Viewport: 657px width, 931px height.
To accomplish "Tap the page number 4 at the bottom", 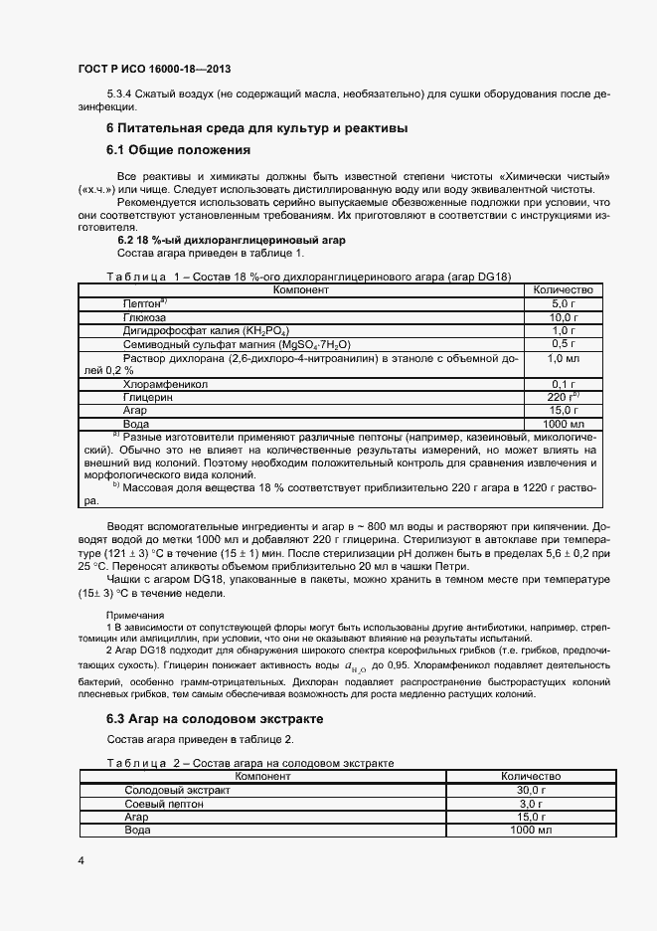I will pos(81,858).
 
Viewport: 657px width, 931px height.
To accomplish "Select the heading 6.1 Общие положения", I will pos(177,150).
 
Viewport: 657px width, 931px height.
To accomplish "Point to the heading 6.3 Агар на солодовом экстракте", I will pos(215,718).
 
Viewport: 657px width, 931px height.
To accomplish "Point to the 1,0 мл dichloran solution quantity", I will pos(563,357).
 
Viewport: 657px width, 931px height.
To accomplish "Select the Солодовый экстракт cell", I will pos(176,790).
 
